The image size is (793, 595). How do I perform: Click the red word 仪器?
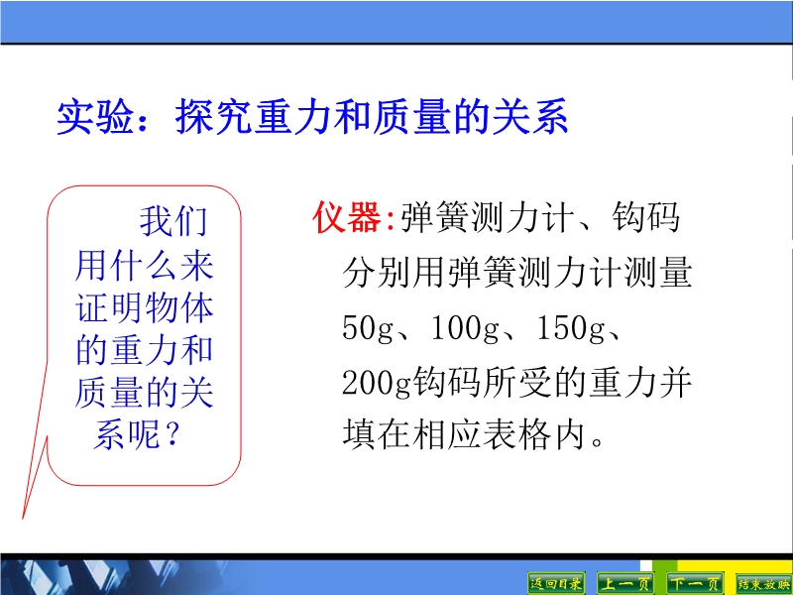pyautogui.click(x=347, y=217)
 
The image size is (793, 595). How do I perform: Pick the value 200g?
pyautogui.click(x=377, y=382)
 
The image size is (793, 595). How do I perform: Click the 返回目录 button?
pyautogui.click(x=556, y=584)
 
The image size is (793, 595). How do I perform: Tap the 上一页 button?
pyautogui.click(x=625, y=584)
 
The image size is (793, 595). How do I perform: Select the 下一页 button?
pyautogui.click(x=695, y=584)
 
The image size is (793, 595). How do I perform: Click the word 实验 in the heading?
pyautogui.click(x=95, y=117)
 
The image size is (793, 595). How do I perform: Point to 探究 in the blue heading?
pyautogui.click(x=214, y=117)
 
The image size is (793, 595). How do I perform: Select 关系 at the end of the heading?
pyautogui.click(x=530, y=117)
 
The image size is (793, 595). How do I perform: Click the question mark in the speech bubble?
pyautogui.click(x=172, y=434)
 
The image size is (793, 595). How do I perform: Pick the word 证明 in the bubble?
pyautogui.click(x=110, y=307)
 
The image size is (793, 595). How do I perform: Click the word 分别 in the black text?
pyautogui.click(x=377, y=272)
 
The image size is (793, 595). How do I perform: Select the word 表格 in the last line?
pyautogui.click(x=516, y=434)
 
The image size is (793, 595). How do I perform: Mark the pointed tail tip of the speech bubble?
pyautogui.click(x=22, y=519)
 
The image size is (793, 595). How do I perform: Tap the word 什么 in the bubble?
pyautogui.click(x=144, y=265)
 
